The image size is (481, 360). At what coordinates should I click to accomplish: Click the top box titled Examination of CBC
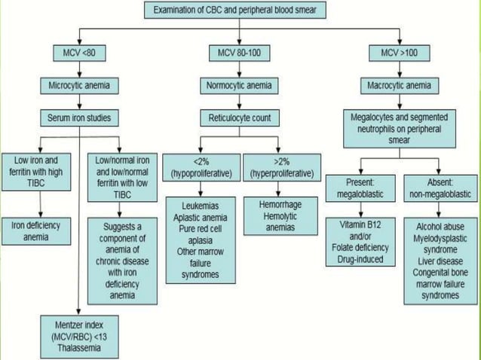(x=240, y=11)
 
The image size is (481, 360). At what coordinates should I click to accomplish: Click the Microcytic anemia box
(x=79, y=85)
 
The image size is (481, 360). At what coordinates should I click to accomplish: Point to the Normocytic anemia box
(x=239, y=85)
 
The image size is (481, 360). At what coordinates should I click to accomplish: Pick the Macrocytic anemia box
(x=399, y=85)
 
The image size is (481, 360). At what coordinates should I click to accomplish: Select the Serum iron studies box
(x=79, y=117)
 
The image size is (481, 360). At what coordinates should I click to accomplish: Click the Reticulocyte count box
(x=239, y=117)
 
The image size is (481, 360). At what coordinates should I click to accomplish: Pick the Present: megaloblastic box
(x=360, y=189)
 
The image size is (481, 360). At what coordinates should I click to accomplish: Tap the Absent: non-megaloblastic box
(x=440, y=189)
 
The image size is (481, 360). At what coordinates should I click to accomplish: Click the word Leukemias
(x=202, y=206)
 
